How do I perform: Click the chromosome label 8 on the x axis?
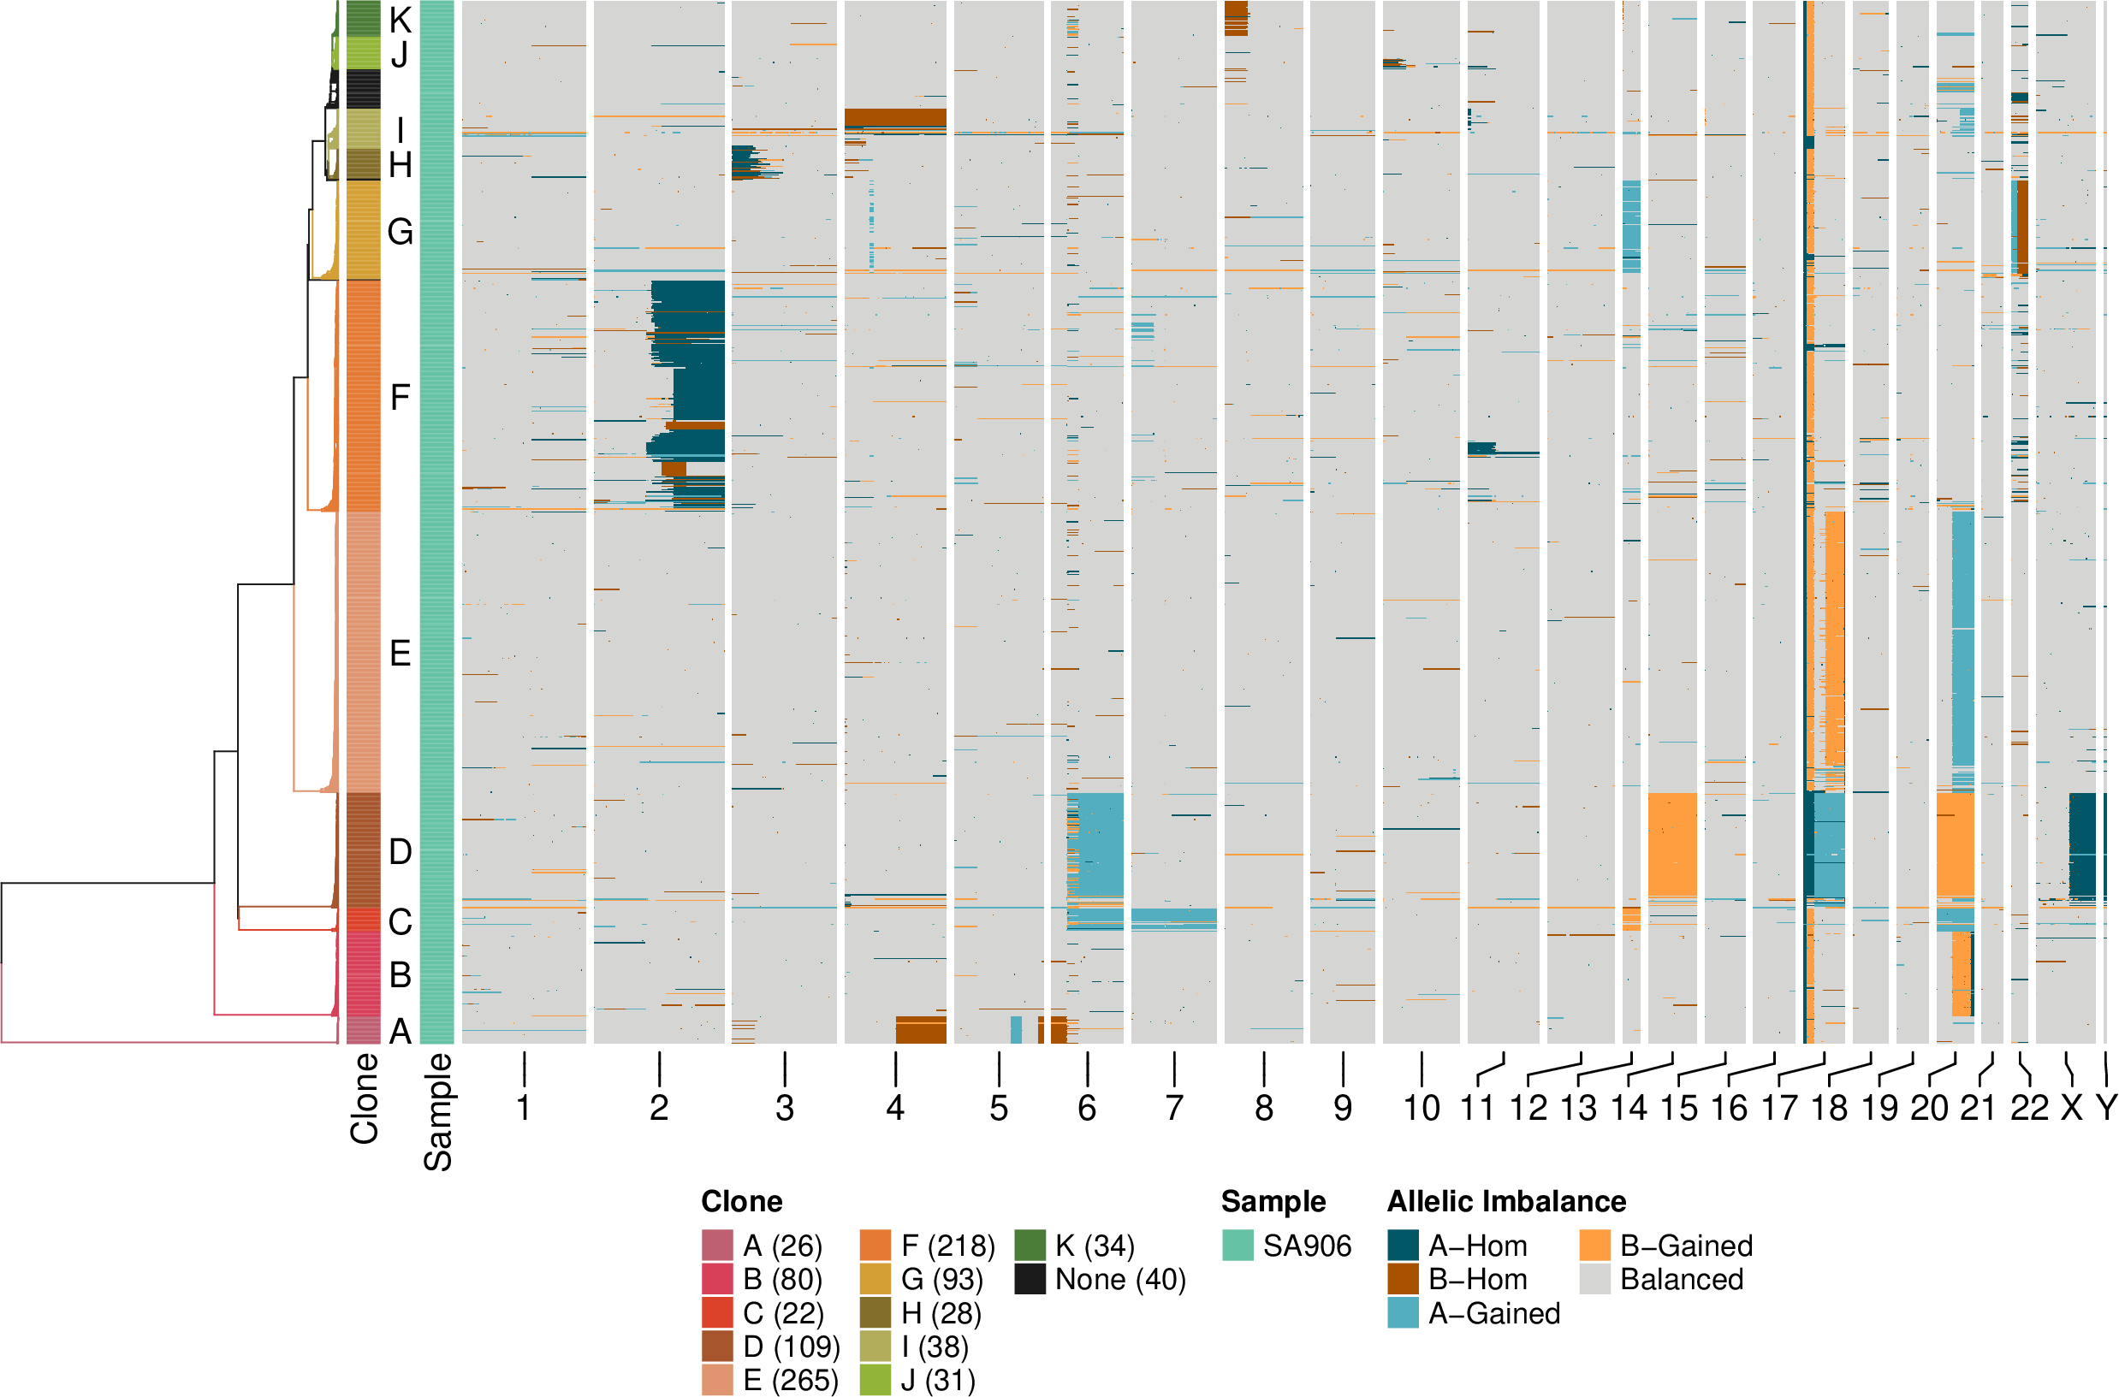1262,1109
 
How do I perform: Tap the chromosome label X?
2072,1109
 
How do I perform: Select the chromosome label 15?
1679,1109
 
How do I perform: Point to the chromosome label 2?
658,1109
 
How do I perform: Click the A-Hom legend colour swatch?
1403,1245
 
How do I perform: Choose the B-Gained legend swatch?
1595,1245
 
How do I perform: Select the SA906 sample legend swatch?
1237,1245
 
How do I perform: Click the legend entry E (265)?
790,1379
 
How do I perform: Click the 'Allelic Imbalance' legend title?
1506,1201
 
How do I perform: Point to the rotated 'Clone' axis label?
365,1098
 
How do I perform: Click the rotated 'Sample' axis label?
437,1111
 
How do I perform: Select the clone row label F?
401,396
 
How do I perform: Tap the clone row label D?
401,852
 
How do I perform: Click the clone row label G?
401,232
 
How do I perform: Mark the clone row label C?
401,921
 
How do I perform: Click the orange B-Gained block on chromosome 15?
1671,843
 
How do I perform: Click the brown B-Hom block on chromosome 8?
1236,18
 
